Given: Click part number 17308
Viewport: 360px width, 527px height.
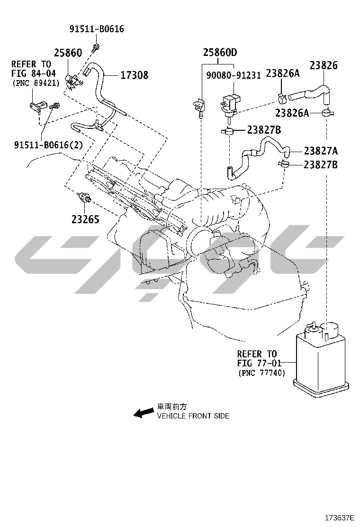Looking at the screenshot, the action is (135, 75).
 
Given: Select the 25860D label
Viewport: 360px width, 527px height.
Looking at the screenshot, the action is (220, 53).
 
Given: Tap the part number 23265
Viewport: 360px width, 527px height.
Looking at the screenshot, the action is (85, 219).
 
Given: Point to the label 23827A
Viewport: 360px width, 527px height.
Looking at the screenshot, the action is (321, 151).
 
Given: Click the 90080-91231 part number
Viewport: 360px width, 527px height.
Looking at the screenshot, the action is (234, 75).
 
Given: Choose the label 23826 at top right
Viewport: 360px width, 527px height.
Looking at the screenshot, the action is (324, 65).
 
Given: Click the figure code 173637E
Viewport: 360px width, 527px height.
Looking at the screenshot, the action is (339, 517).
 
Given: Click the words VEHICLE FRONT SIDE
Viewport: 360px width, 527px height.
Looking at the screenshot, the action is (193, 416).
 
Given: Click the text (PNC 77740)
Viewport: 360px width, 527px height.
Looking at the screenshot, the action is (261, 373).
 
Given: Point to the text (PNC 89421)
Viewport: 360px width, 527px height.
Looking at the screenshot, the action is (36, 83).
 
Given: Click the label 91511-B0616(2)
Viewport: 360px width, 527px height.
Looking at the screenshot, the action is (48, 145).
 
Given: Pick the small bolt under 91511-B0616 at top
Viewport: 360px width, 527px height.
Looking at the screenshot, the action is (95, 47).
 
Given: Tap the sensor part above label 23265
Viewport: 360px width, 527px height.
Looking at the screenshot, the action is (84, 198).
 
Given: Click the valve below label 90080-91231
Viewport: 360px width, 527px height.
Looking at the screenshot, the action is (230, 104).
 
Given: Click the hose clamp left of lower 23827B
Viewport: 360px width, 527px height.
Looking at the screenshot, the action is (284, 164).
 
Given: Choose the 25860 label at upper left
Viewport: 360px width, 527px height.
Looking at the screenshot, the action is (68, 53).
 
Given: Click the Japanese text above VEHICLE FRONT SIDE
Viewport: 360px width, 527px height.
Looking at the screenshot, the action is (172, 407).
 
